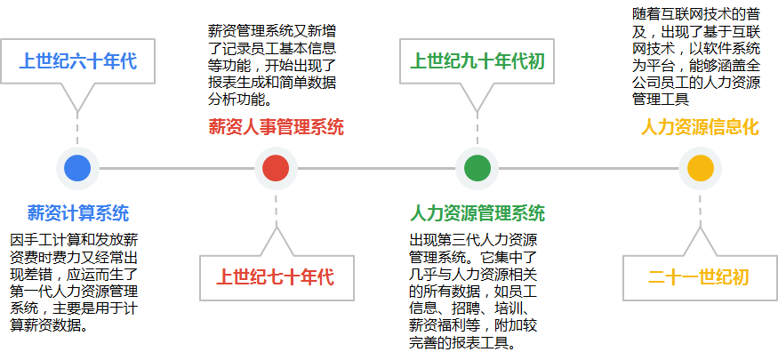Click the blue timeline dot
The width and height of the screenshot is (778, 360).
pyautogui.click(x=77, y=168)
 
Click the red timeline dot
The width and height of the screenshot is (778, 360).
pyautogui.click(x=276, y=168)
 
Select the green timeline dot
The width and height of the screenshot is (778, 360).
pyautogui.click(x=477, y=168)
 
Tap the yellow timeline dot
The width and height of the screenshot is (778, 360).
pyautogui.click(x=700, y=168)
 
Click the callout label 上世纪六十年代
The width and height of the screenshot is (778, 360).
pyautogui.click(x=78, y=61)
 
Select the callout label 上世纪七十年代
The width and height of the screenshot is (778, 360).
pyautogui.click(x=276, y=276)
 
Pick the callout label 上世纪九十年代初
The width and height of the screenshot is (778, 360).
pyautogui.click(x=477, y=61)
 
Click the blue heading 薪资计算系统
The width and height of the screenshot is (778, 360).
pyautogui.click(x=78, y=212)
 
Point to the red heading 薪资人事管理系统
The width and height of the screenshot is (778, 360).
pyautogui.click(x=276, y=127)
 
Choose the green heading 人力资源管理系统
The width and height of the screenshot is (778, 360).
pyautogui.click(x=477, y=212)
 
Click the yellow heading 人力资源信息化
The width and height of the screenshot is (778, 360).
pyautogui.click(x=700, y=127)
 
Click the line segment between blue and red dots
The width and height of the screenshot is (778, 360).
pyautogui.click(x=177, y=168)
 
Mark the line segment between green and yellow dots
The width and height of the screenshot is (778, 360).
pyautogui.click(x=589, y=168)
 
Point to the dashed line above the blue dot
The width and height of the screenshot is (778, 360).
pyautogui.click(x=77, y=130)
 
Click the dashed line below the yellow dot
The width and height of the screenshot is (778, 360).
pyautogui.click(x=700, y=209)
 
